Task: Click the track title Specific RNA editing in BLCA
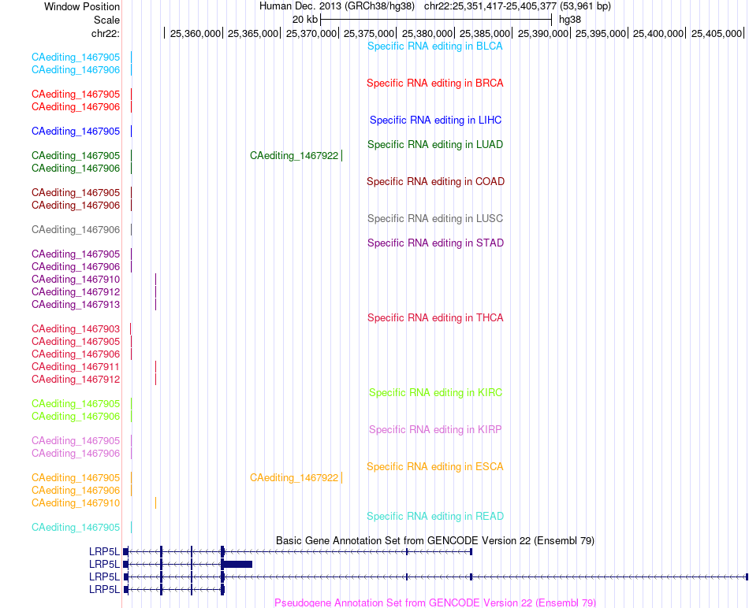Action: (434, 46)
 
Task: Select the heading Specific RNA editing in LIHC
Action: (436, 120)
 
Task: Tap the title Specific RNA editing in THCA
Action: (435, 318)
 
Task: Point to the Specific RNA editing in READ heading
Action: (435, 517)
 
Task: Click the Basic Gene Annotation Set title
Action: (435, 541)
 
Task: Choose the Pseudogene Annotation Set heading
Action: (435, 602)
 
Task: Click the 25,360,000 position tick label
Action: (196, 33)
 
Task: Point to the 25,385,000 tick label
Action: (485, 33)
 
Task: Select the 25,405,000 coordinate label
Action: (717, 33)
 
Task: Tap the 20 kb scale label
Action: (305, 20)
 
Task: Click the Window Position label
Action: (82, 6)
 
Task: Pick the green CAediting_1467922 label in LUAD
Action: (294, 156)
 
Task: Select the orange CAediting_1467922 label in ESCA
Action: (294, 478)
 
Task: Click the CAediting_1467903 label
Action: (76, 329)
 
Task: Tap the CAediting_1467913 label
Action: (76, 305)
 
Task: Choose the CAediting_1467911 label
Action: (76, 366)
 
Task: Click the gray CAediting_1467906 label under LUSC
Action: (76, 229)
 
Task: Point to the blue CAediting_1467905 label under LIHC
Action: (76, 132)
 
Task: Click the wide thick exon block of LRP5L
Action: (237, 564)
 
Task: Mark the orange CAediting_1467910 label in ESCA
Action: (76, 503)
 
